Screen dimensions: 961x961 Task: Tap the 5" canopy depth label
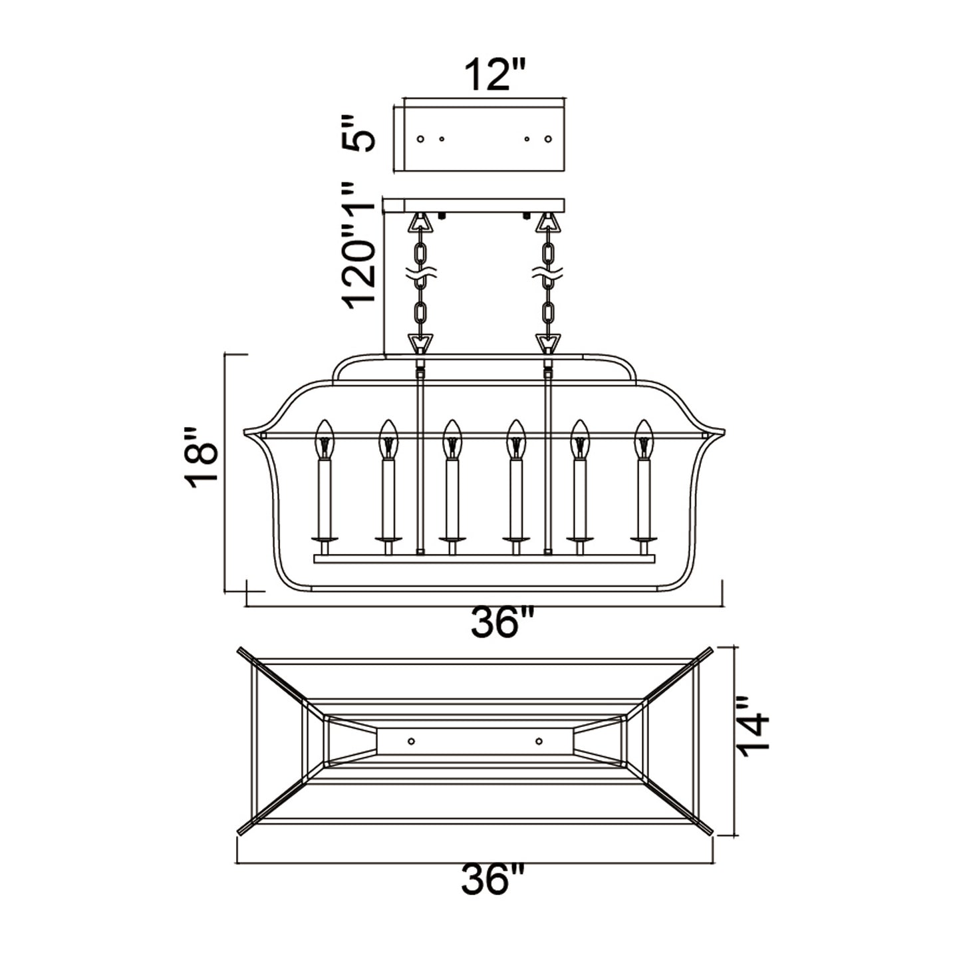(x=358, y=133)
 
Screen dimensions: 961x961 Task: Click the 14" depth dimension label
(x=753, y=733)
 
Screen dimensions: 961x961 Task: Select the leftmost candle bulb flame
(x=325, y=439)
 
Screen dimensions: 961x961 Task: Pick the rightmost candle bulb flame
(x=643, y=439)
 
